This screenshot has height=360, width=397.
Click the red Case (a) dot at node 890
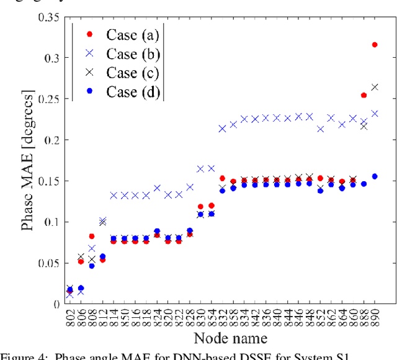[375, 45]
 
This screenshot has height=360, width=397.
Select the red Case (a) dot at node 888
[364, 96]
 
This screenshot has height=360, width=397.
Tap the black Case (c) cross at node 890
[375, 87]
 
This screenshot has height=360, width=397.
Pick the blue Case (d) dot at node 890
[375, 176]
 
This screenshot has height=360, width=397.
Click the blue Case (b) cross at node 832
[222, 128]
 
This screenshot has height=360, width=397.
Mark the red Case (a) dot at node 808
[92, 236]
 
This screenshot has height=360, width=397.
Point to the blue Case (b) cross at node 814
[114, 196]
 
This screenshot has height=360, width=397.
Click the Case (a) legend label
[130, 35]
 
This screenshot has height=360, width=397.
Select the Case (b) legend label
[130, 54]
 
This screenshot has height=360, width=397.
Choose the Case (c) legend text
[130, 73]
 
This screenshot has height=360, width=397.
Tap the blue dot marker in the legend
[89, 91]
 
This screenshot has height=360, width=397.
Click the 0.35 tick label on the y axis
[47, 17]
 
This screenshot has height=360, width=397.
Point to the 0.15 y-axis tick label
[47, 181]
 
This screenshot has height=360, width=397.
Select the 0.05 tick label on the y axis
[47, 263]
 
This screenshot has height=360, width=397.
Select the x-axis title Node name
[230, 338]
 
